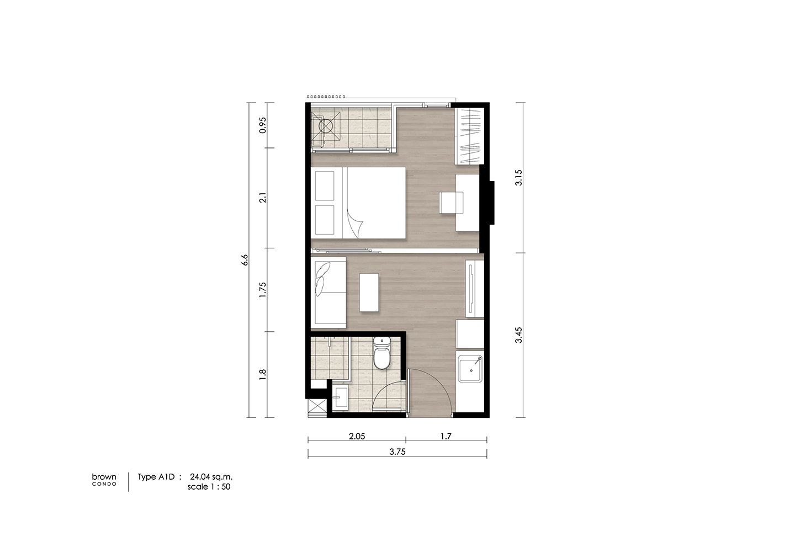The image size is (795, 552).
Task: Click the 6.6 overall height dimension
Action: (244, 260)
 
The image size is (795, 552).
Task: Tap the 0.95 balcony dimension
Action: (263, 125)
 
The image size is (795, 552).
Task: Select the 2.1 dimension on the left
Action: (263, 198)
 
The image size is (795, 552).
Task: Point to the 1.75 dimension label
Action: (263, 290)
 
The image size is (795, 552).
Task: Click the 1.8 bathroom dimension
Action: (263, 375)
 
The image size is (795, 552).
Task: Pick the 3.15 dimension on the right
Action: (518, 177)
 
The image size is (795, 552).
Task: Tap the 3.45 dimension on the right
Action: (518, 335)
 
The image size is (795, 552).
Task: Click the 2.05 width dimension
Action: (357, 436)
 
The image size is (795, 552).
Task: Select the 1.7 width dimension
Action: (446, 436)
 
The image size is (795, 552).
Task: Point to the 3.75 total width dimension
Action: (397, 452)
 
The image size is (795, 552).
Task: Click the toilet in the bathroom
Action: (381, 353)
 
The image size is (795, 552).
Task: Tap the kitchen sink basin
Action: (470, 369)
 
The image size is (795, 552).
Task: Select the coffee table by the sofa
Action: (369, 293)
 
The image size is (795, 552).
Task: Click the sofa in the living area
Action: (328, 293)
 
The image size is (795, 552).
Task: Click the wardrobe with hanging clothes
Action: (469, 136)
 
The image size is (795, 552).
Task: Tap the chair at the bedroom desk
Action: (451, 203)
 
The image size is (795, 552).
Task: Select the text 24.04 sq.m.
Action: (211, 477)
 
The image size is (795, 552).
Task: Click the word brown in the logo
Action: (104, 477)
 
